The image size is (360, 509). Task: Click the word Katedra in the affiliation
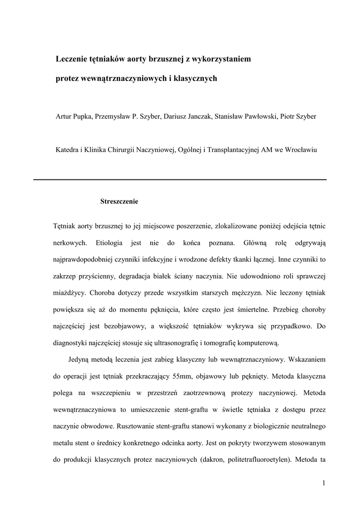[x=66, y=149]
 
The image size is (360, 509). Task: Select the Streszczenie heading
[x=119, y=202]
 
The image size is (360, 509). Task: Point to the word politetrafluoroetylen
[x=258, y=459]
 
